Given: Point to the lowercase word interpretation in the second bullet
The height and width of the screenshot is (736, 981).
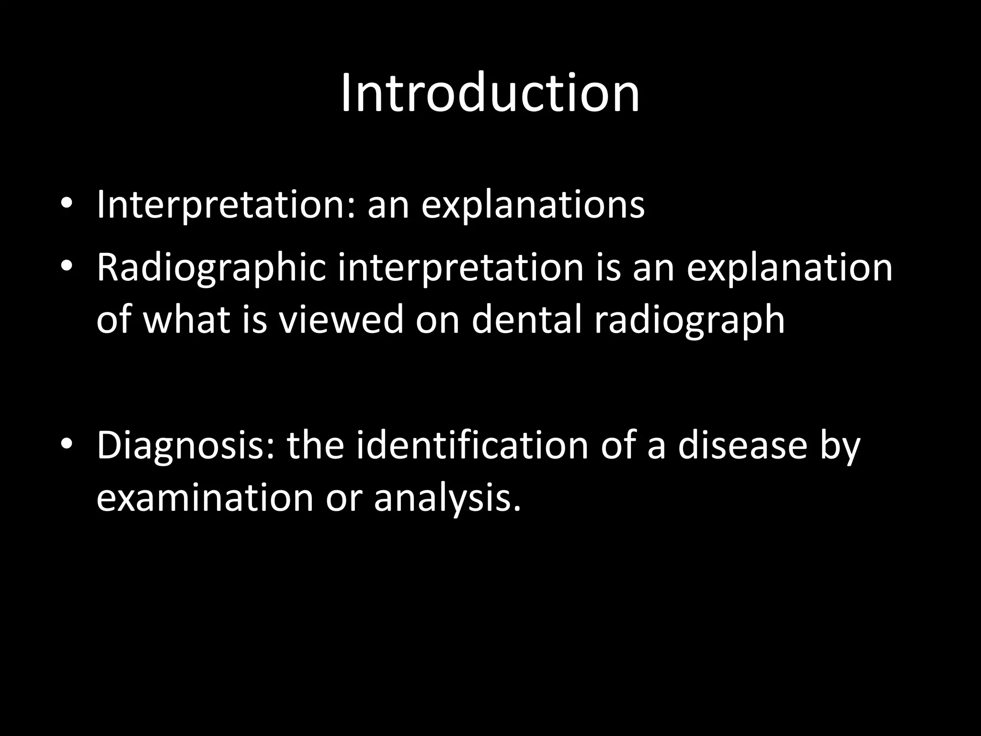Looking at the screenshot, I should (460, 268).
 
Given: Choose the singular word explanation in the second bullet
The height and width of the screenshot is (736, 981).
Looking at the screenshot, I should (789, 268).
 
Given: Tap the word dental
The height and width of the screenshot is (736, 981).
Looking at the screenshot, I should (526, 320).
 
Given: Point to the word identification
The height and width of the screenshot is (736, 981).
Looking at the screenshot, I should (472, 446).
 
